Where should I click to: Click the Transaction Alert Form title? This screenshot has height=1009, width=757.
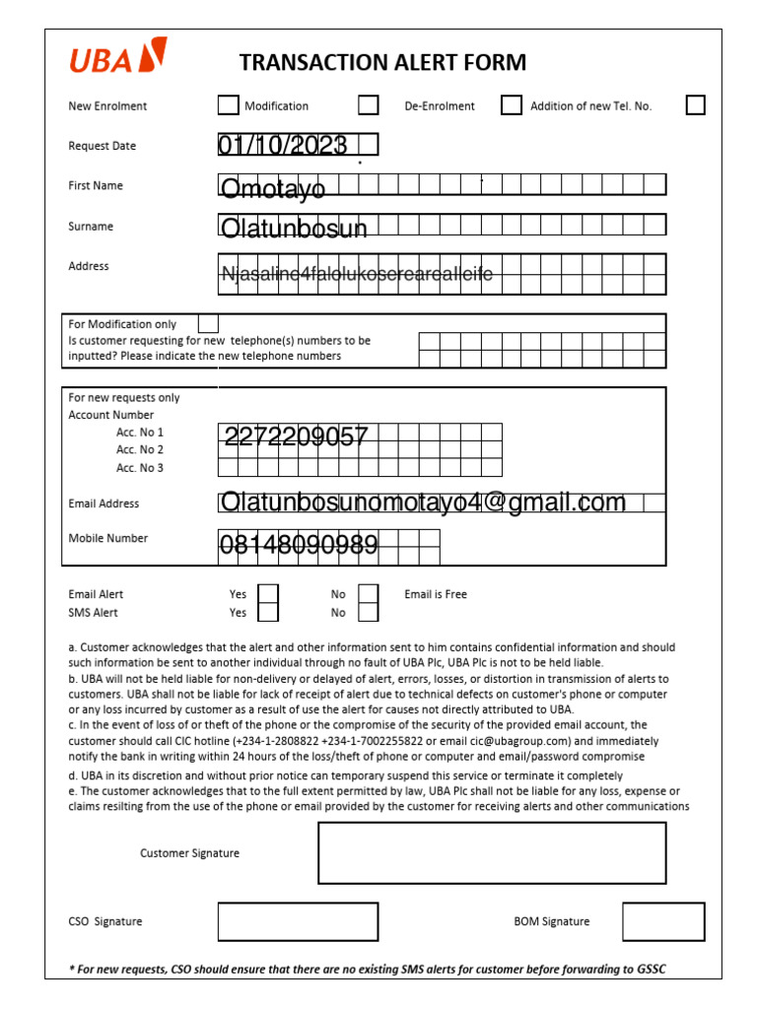(x=382, y=63)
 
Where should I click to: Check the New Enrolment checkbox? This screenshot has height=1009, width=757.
(x=228, y=105)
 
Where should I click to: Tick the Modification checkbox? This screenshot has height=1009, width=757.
(x=369, y=105)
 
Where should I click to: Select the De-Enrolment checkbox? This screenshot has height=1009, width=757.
(x=511, y=105)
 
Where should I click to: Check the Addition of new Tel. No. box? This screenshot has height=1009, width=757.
(x=695, y=105)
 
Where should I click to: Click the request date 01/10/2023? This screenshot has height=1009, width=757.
(x=283, y=146)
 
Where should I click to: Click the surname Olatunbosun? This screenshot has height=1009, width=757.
(x=294, y=229)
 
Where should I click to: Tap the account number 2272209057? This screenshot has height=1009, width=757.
(x=296, y=436)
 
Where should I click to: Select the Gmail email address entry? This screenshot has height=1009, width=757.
(x=423, y=504)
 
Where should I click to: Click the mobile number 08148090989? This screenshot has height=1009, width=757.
(x=298, y=544)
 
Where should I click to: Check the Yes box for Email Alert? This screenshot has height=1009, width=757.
(x=268, y=594)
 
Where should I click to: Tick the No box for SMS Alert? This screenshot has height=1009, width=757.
(x=368, y=613)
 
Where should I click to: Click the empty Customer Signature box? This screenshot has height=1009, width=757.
(x=491, y=852)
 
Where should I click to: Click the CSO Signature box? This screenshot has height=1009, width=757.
(x=298, y=921)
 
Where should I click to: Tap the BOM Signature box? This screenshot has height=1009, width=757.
(x=663, y=921)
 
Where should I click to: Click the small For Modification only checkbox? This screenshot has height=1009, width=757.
(x=208, y=323)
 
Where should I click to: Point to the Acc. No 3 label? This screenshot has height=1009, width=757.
(x=140, y=468)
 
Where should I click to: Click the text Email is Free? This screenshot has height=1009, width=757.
(x=436, y=594)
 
